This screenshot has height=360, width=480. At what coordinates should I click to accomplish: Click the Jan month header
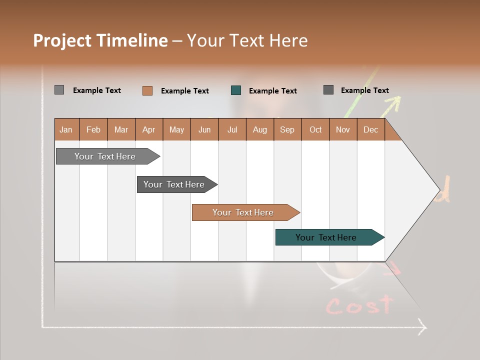(66, 129)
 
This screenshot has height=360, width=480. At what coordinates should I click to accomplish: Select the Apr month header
(148, 129)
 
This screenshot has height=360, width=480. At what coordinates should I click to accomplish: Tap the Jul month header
(232, 129)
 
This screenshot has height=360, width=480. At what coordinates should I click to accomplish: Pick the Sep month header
(287, 129)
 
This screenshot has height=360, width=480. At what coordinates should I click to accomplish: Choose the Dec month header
(370, 129)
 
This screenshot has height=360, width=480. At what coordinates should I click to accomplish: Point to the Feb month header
(93, 129)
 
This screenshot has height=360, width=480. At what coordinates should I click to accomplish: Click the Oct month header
(315, 129)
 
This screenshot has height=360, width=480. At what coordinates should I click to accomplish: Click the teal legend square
(236, 90)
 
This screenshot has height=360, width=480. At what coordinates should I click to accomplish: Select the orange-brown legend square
(147, 90)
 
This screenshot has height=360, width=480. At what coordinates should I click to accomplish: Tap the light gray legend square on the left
(59, 90)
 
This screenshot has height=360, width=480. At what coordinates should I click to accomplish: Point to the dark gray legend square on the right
(328, 90)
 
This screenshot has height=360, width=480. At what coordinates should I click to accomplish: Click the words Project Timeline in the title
(100, 40)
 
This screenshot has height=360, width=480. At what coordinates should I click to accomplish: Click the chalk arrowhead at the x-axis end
(422, 328)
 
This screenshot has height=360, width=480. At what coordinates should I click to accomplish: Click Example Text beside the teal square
(272, 91)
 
